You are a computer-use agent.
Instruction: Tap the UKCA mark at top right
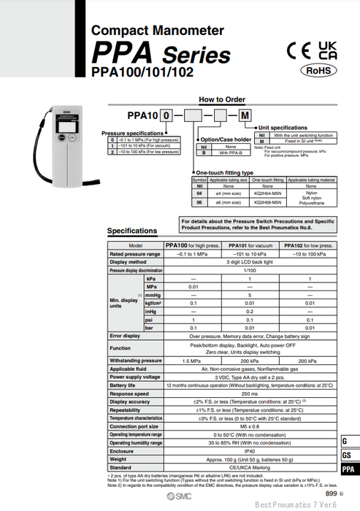328,50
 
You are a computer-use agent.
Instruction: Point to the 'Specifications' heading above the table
132,231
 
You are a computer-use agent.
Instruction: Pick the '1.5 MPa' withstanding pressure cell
192,360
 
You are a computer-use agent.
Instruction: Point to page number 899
331,494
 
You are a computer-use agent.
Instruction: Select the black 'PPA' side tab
350,469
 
